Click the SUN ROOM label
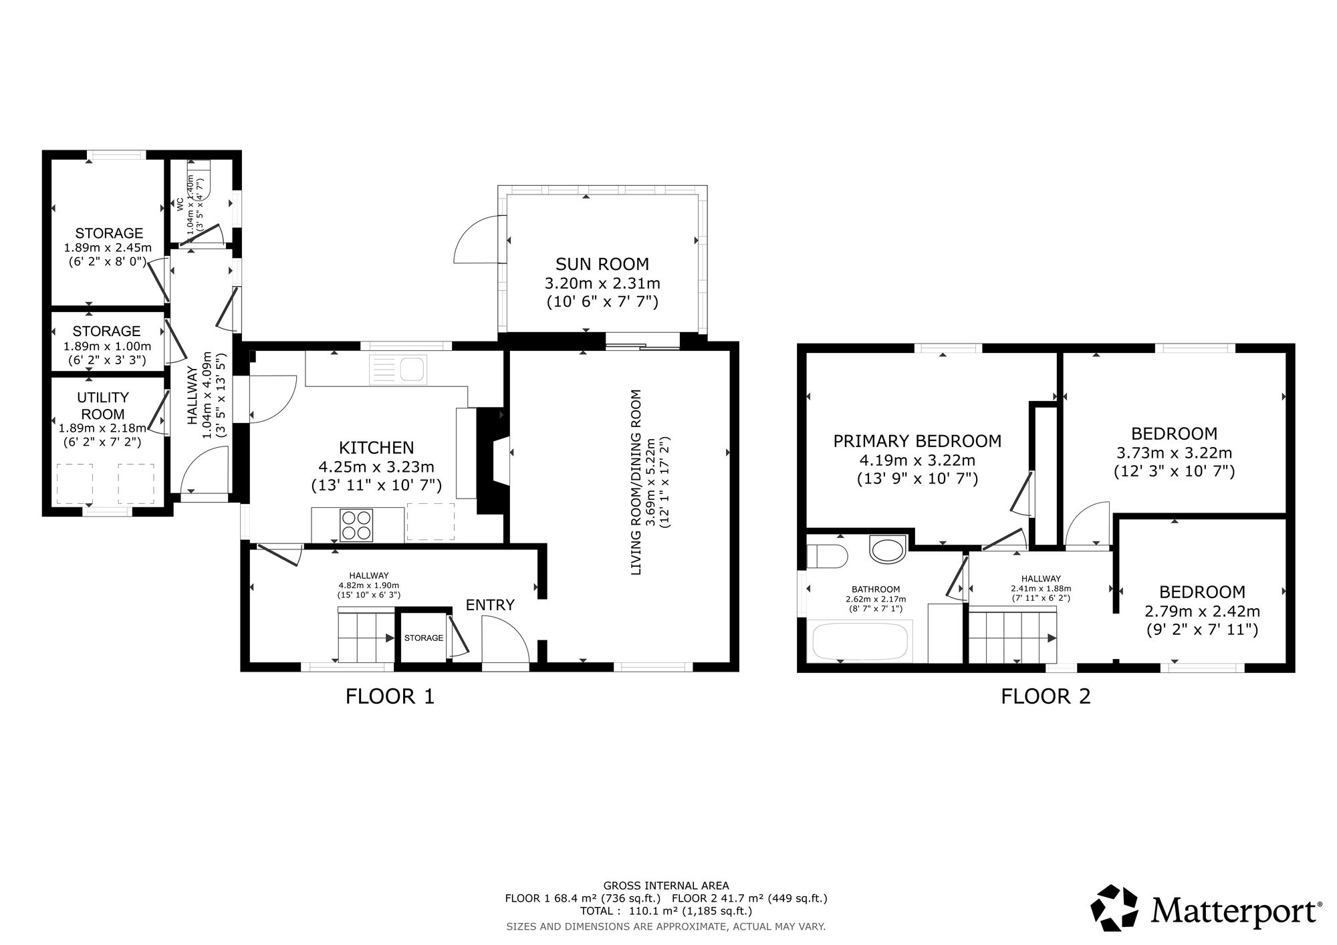(x=602, y=264)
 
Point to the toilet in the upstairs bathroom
(x=828, y=555)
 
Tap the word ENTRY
(x=490, y=605)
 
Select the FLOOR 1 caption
(x=390, y=697)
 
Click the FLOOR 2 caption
(x=1046, y=697)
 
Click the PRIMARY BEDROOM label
(x=917, y=441)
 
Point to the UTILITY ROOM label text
(x=103, y=406)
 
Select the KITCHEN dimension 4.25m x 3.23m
(x=376, y=466)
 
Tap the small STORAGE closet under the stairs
(x=423, y=637)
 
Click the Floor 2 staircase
(x=1012, y=635)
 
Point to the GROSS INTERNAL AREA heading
(x=666, y=886)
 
